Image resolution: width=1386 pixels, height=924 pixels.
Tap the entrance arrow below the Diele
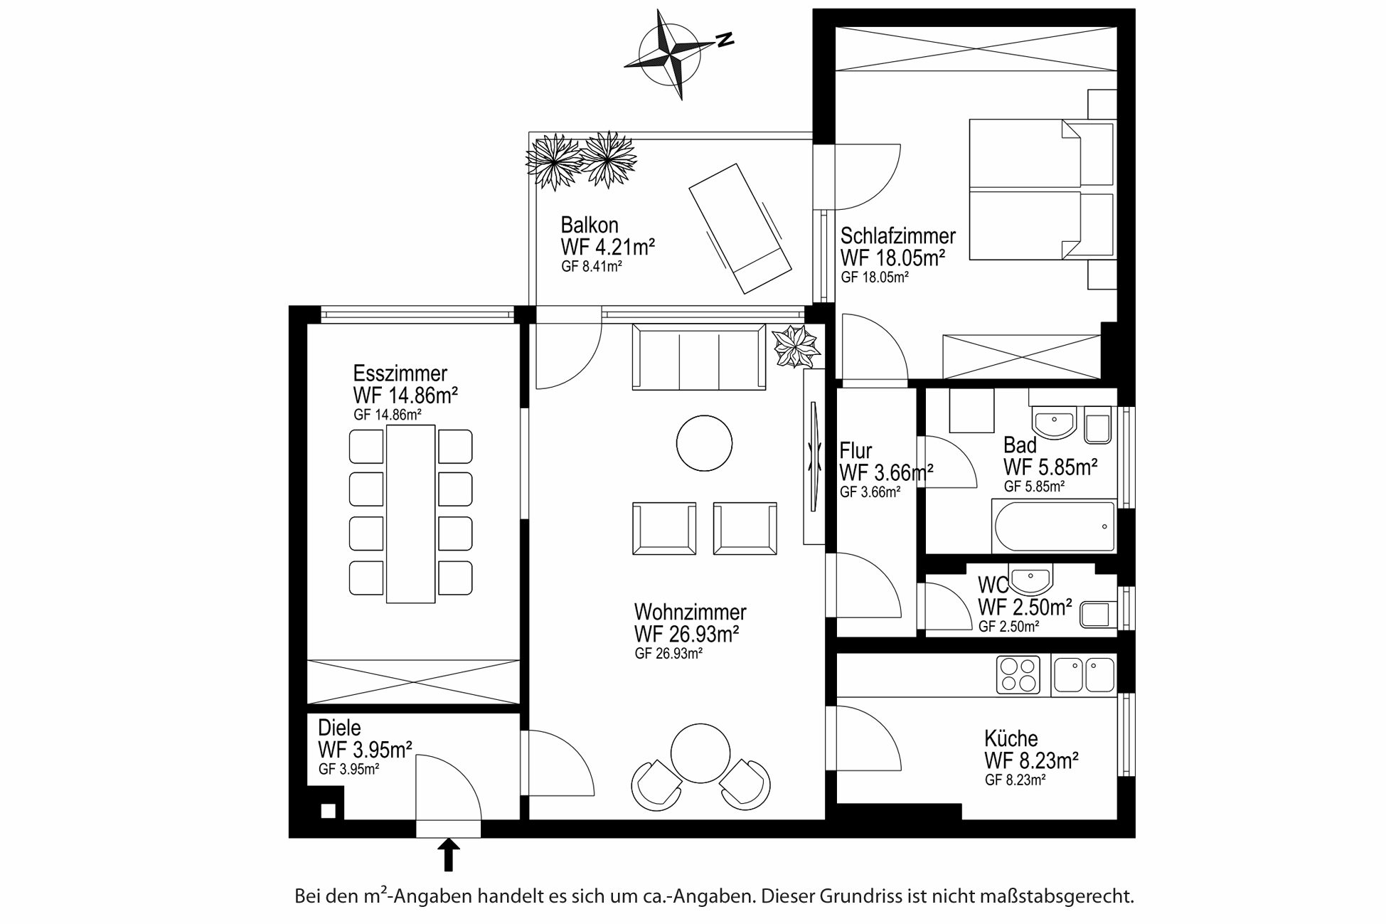pos(448,855)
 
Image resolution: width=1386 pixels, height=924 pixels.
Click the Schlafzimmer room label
pos(898,235)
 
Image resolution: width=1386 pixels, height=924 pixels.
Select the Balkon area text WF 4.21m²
pos(607,248)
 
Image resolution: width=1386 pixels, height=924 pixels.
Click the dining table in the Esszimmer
pos(411,514)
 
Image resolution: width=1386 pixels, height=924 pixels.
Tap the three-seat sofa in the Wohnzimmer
pos(700,357)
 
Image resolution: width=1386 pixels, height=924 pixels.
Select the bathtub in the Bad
pos(1054,526)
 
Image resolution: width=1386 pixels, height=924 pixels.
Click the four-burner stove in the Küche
pos(1018,674)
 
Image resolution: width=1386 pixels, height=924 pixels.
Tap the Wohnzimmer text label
pos(691,612)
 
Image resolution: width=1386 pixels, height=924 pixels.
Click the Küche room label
pos(1011,738)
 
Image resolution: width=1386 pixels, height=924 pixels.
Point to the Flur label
pos(855,451)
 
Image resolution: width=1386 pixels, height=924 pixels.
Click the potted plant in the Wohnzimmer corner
pos(796,346)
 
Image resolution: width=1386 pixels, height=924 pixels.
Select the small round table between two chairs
pos(700,753)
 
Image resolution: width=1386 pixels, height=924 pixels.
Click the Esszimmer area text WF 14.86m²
pos(405,395)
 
